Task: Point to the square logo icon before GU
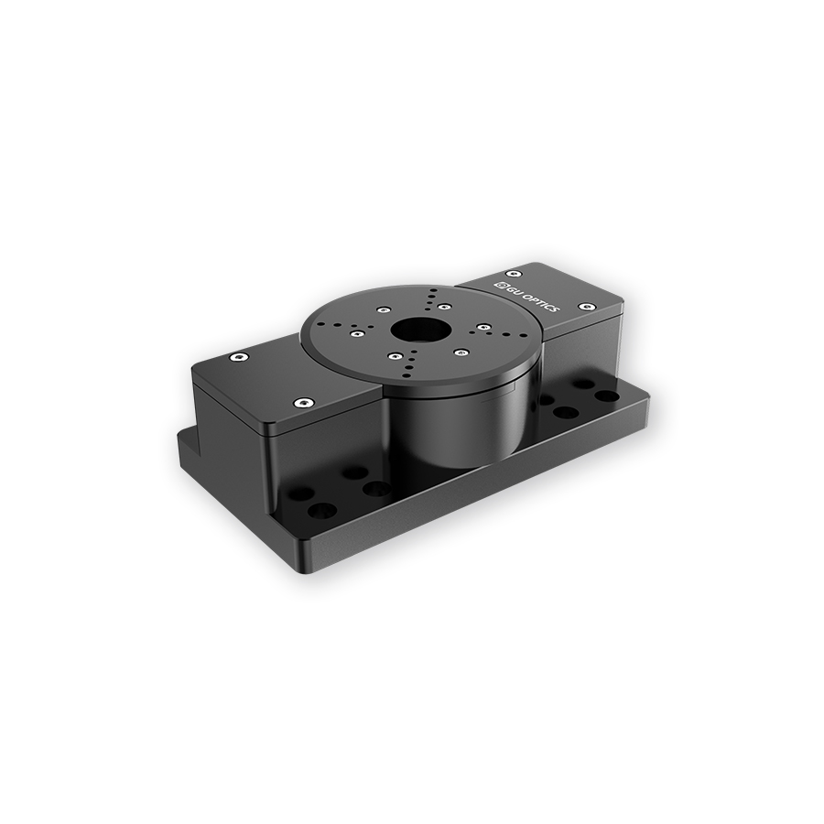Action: click(501, 283)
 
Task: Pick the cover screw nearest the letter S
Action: click(586, 306)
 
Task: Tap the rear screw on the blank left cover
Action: click(240, 357)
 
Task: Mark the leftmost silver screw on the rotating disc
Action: click(357, 333)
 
